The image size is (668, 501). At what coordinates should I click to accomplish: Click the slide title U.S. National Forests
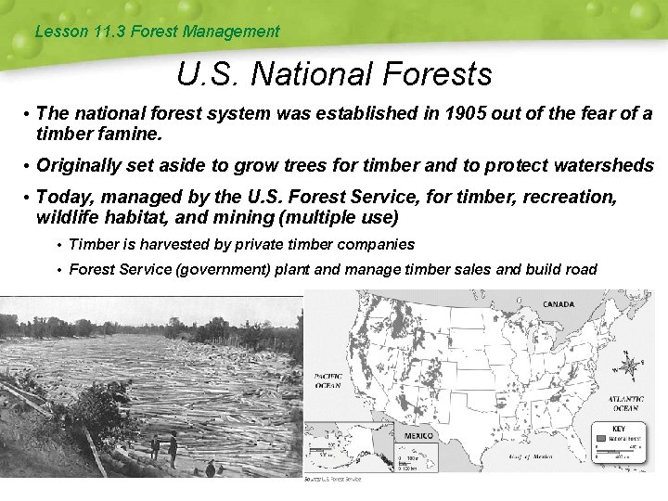[334, 72]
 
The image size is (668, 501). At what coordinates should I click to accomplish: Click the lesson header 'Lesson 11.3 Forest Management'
[156, 32]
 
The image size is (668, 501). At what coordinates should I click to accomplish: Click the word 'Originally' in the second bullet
[79, 165]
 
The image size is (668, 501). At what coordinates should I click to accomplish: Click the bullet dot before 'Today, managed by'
[28, 199]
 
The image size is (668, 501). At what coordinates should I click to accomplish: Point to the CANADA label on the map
[558, 304]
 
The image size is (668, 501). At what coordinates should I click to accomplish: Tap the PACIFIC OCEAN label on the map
[328, 381]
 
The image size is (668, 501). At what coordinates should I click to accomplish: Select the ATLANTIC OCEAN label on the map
[624, 404]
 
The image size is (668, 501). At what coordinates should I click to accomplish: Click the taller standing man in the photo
[173, 449]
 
